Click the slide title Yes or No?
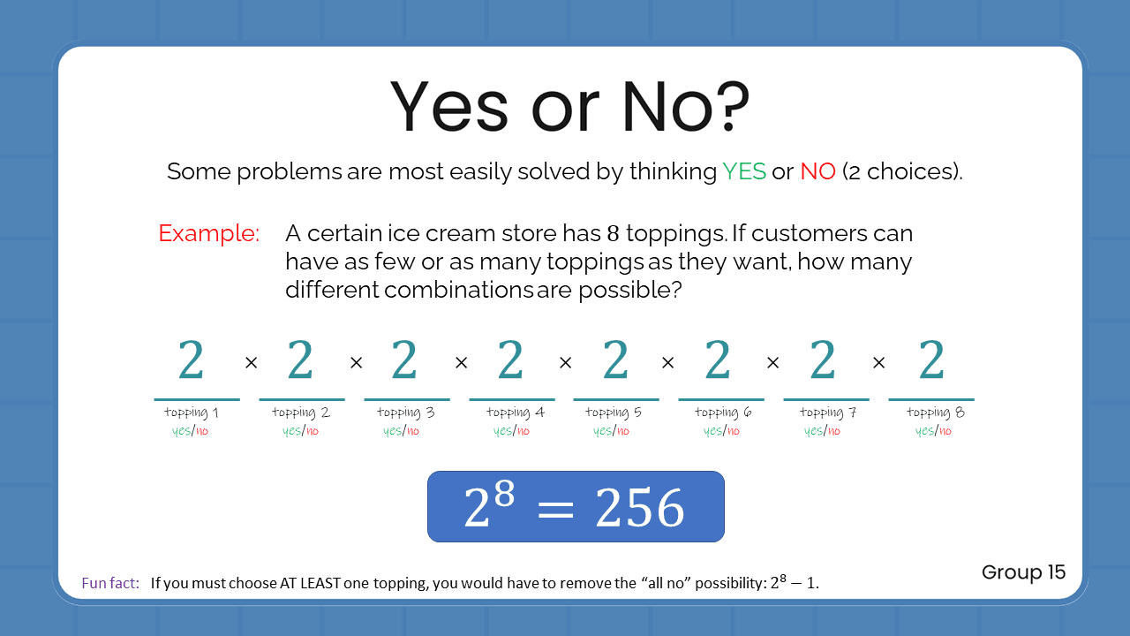569,108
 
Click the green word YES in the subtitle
743,171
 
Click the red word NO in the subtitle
817,171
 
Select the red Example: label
208,234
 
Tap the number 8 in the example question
614,234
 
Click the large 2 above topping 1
192,360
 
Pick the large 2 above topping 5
615,360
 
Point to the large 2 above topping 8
931,360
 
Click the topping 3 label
405,413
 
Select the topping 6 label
723,413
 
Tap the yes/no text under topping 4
511,431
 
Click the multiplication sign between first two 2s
251,363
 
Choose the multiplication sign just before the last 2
878,363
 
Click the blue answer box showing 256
576,506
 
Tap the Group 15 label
1023,572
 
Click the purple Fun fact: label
110,583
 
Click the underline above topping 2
301,400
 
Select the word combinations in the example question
458,290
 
